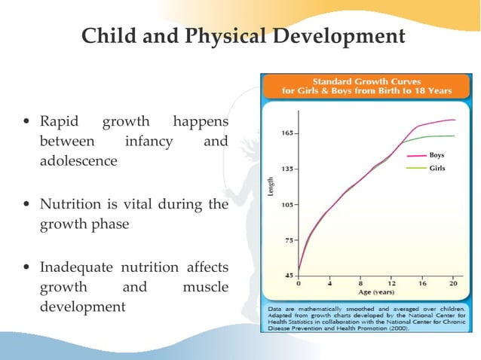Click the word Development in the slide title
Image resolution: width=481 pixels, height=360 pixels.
345,36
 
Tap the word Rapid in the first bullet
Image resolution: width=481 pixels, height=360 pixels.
54,121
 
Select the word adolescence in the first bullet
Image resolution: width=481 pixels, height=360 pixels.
78,160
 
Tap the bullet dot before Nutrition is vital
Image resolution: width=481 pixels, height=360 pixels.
28,204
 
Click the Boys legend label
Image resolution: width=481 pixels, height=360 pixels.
437,155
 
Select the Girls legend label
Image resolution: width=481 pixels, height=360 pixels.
437,168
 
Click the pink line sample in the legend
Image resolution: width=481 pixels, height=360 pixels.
416,155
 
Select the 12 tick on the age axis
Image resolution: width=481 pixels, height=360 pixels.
391,285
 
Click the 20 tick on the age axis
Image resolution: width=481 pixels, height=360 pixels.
452,285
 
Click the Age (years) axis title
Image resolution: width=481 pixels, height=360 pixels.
375,292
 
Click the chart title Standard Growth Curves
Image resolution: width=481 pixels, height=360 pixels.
366,80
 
